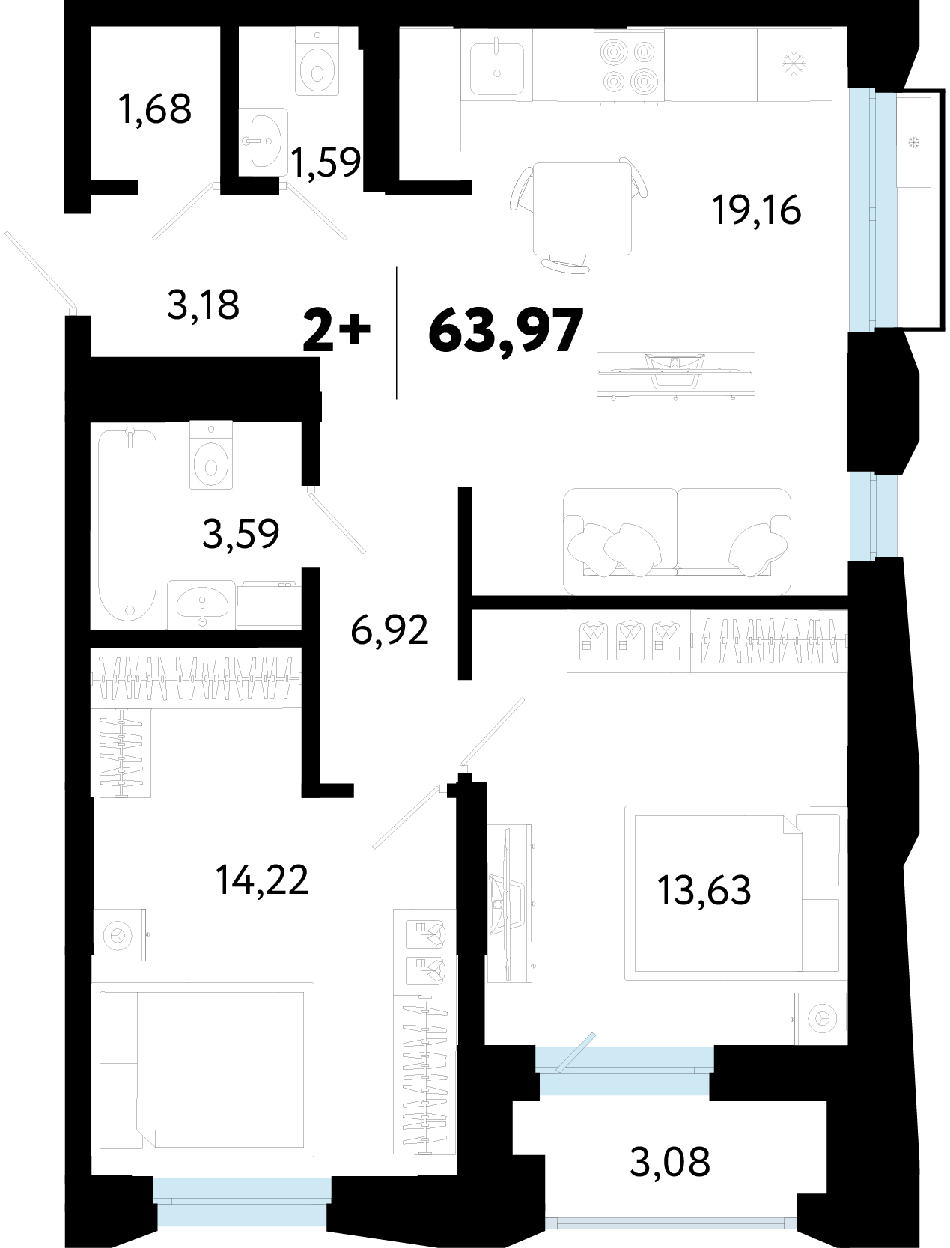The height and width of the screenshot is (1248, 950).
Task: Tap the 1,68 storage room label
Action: [155, 109]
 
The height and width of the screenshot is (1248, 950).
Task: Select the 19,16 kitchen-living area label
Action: [756, 210]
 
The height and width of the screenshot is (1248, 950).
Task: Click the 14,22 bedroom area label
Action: [262, 880]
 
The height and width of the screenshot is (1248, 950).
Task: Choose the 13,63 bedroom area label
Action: [704, 890]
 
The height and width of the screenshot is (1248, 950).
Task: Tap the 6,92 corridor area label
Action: [389, 630]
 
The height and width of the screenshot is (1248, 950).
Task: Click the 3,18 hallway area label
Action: [203, 305]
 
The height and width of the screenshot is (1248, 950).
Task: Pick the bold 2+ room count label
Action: [337, 329]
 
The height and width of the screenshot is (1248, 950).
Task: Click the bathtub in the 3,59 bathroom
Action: [127, 525]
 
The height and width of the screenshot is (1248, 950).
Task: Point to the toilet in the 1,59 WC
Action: [317, 63]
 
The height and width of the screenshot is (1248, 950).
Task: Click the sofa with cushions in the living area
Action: [677, 541]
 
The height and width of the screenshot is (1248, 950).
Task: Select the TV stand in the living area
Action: [676, 374]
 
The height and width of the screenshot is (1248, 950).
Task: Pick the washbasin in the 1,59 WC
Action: [264, 141]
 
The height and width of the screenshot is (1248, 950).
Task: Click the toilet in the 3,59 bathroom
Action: [211, 454]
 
